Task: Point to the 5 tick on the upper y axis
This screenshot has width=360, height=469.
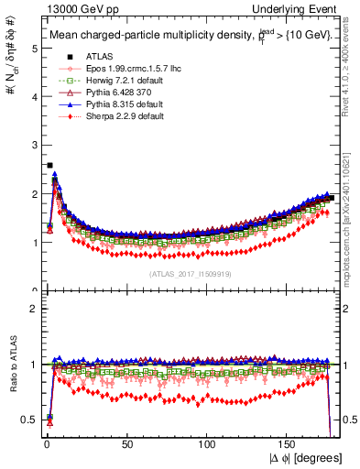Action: [32, 49]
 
